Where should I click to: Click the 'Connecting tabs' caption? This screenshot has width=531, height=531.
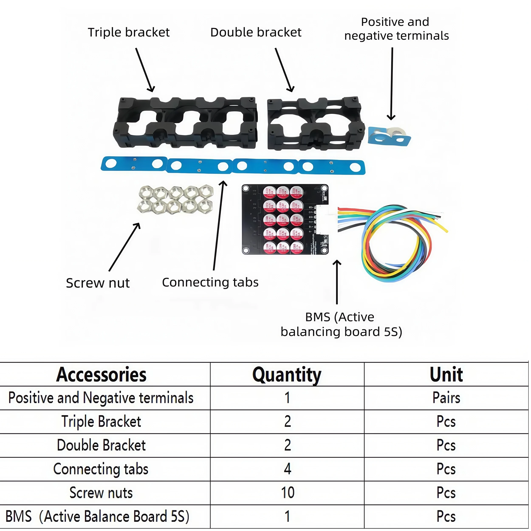[210, 282]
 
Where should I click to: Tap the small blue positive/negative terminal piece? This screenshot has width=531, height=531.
[389, 137]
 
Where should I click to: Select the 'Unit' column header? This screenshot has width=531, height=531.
[446, 375]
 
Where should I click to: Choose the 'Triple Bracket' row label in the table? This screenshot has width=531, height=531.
[101, 422]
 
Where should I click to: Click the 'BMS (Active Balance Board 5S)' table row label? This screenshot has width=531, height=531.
[97, 516]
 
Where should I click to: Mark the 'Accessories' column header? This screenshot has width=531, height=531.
[101, 375]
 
